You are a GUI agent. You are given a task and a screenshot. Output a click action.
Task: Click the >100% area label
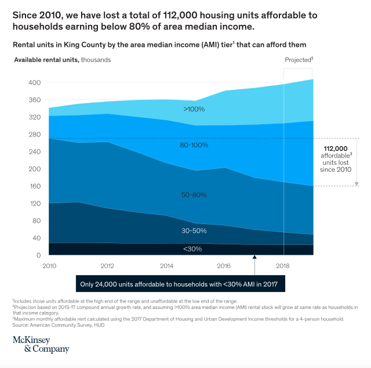click(194, 109)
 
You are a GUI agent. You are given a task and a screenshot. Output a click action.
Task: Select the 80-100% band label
click(194, 145)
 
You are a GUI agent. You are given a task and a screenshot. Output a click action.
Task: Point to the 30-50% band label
click(194, 230)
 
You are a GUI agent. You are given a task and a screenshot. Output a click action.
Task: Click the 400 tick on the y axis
click(35, 83)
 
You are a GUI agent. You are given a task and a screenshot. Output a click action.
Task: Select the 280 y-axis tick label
click(35, 135)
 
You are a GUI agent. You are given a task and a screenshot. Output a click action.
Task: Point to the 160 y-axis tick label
click(35, 186)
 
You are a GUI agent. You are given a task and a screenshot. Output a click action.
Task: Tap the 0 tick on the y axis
click(39, 255)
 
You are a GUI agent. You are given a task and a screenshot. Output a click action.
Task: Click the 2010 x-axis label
click(49, 266)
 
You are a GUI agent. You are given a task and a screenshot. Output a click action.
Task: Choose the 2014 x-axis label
click(166, 266)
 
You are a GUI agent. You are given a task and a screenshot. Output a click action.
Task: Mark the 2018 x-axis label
click(283, 266)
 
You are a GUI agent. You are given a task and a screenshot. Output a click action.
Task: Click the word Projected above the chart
click(298, 60)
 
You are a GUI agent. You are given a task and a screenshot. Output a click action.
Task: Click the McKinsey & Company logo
click(41, 344)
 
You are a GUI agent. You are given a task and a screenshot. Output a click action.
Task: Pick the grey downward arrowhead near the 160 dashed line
click(357, 183)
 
